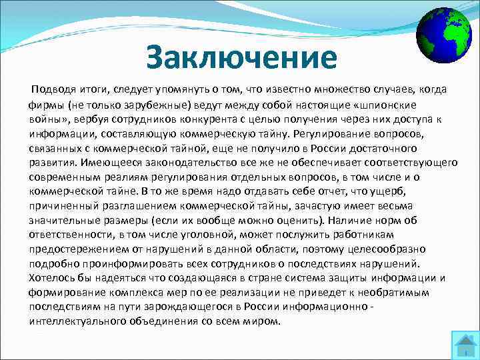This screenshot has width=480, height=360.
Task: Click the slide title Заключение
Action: click(x=242, y=57)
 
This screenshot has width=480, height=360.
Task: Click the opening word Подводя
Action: click(x=58, y=90)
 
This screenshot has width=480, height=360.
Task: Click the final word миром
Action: click(x=264, y=321)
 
